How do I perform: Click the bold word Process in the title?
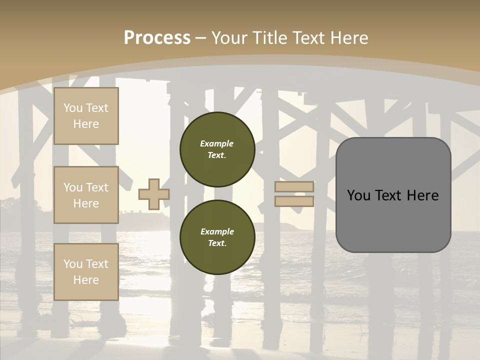click(157, 37)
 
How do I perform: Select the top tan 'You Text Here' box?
click(86, 116)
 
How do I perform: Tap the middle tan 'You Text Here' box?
click(86, 195)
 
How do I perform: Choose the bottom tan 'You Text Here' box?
click(86, 272)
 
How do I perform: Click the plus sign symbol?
click(154, 194)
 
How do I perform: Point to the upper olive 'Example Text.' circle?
click(217, 149)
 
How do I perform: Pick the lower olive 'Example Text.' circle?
click(217, 237)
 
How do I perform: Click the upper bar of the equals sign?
click(294, 187)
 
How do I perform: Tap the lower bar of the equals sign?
click(294, 201)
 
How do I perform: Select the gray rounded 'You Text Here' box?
click(393, 195)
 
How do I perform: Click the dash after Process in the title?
click(201, 38)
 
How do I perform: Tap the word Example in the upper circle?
click(217, 143)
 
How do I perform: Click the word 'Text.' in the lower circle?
click(217, 243)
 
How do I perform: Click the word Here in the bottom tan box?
click(86, 280)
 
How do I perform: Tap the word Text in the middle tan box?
click(97, 187)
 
